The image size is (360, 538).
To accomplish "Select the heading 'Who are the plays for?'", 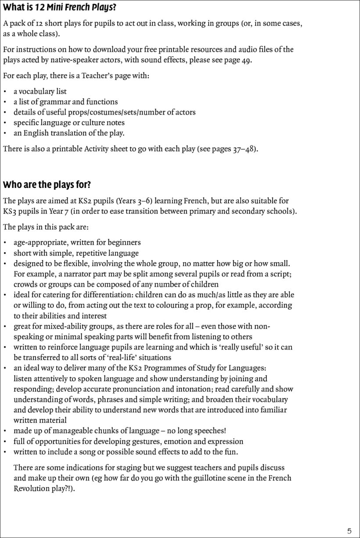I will point(47,184).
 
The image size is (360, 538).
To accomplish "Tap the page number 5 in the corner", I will point(349,531).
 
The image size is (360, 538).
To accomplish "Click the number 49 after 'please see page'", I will point(246,60).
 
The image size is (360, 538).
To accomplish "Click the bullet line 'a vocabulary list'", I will point(40,91).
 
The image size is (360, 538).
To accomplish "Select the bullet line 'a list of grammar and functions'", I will point(65,102).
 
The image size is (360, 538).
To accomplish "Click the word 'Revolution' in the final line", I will point(32,488).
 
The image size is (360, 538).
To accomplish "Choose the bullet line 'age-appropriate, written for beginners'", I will point(77,242).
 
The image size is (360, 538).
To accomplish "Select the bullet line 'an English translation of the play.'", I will point(69,134).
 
